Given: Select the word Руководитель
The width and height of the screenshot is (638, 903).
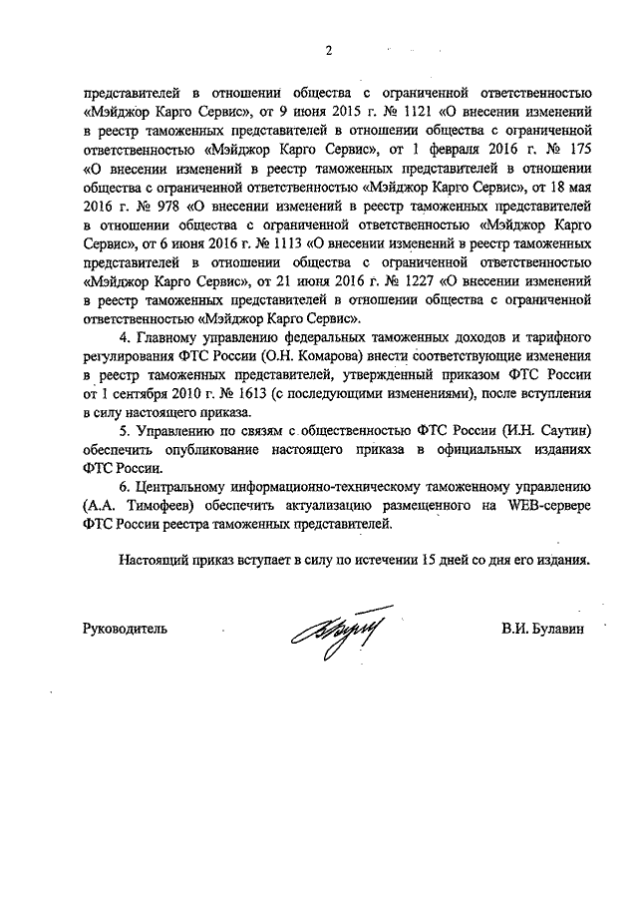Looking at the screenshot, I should point(125,630).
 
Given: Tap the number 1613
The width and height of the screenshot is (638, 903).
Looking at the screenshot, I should point(246,390).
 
